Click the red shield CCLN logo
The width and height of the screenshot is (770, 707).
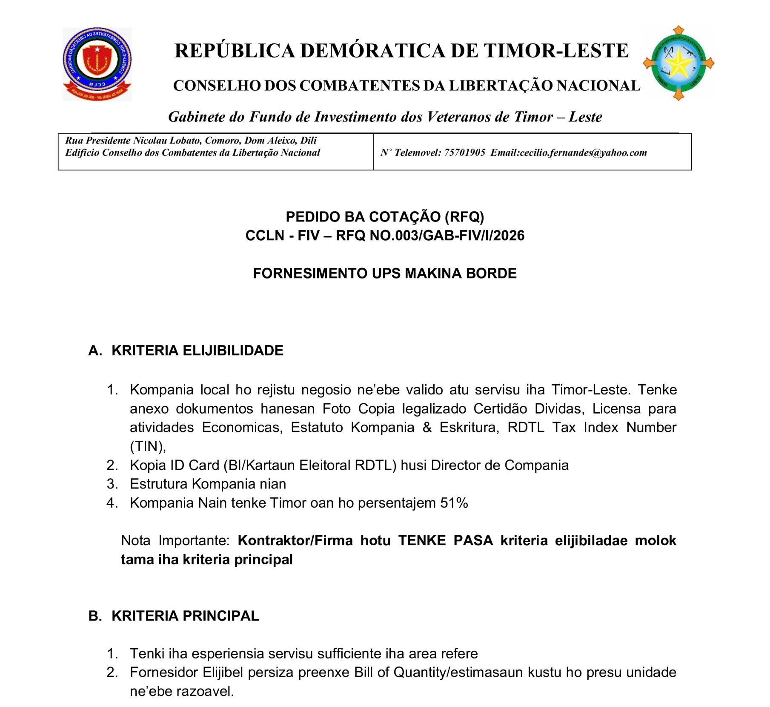tap(97, 64)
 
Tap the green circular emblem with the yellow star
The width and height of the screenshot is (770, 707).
tap(678, 63)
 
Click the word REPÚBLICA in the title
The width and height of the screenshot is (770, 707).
tap(235, 51)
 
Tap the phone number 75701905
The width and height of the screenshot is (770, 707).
tap(464, 152)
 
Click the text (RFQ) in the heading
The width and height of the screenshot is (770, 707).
tap(464, 217)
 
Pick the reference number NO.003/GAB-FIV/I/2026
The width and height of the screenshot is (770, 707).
tap(447, 236)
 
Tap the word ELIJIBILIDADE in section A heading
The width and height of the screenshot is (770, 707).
tap(233, 350)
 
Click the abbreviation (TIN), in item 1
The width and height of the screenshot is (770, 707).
tap(148, 446)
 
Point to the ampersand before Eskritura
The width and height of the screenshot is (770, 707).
tap(427, 427)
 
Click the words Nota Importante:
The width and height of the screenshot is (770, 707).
tap(175, 540)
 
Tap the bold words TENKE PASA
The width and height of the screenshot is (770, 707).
tap(445, 540)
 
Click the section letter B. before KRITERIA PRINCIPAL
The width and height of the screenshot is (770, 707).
tap(95, 616)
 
